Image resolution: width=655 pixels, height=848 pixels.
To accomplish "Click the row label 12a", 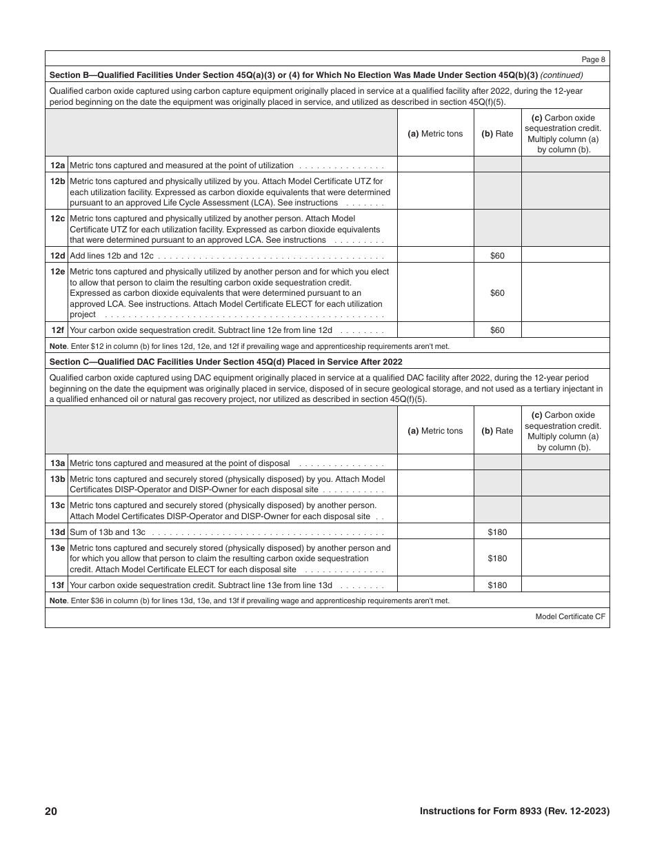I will [57, 165].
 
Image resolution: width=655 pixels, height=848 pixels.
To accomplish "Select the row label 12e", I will [57, 272].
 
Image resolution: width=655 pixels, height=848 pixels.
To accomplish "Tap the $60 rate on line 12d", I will [497, 256].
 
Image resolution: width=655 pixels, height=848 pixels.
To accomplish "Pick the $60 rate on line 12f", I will [497, 330].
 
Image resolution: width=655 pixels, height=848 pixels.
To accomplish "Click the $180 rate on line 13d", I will [497, 532].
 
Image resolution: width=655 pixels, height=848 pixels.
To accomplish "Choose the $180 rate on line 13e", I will [497, 558].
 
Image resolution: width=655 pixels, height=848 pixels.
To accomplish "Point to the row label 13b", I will [57, 478].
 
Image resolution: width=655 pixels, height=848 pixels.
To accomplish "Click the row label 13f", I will [57, 585].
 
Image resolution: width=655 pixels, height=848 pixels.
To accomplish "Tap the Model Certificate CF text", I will [570, 617].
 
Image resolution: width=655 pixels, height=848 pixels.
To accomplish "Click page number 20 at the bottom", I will [51, 811].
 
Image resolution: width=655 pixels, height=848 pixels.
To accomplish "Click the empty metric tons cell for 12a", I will [435, 165].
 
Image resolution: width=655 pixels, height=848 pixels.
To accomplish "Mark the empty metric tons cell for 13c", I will [435, 510].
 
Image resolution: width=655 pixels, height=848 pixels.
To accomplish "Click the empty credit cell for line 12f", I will [565, 330].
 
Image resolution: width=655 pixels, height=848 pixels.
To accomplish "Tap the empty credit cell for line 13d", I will [565, 532].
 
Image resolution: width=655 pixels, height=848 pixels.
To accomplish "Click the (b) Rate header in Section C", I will [497, 431].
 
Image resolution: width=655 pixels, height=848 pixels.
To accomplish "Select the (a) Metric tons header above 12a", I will [435, 134].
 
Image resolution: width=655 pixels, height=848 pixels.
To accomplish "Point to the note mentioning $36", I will [249, 600].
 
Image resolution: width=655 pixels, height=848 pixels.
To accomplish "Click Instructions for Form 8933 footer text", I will [514, 811].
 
